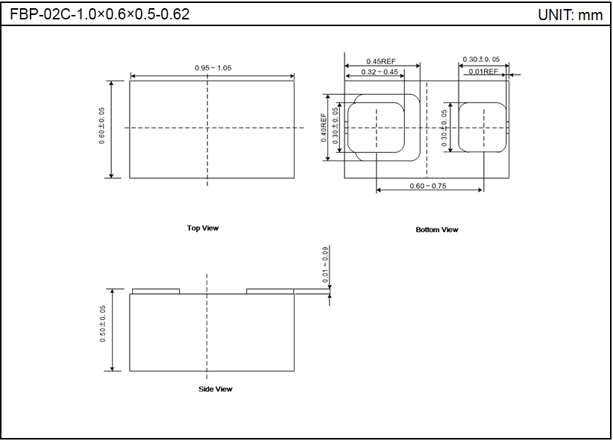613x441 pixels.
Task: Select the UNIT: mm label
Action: pos(570,15)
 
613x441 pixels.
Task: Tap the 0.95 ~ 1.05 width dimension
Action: pos(213,68)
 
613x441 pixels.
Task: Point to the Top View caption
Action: pos(203,228)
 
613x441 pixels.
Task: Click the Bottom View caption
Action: pos(437,230)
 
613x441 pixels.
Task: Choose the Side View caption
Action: pos(215,389)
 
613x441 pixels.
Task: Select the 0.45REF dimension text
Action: pos(380,61)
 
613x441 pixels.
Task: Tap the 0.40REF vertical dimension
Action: pos(324,127)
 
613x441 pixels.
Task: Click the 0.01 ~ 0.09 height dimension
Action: pos(325,264)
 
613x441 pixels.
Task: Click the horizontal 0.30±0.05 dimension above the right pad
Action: pos(481,59)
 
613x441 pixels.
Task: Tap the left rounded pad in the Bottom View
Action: pos(377,128)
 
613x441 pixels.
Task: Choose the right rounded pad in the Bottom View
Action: pos(482,128)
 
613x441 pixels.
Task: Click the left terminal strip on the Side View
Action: pos(156,291)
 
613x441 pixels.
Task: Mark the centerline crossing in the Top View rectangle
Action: pos(207,128)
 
